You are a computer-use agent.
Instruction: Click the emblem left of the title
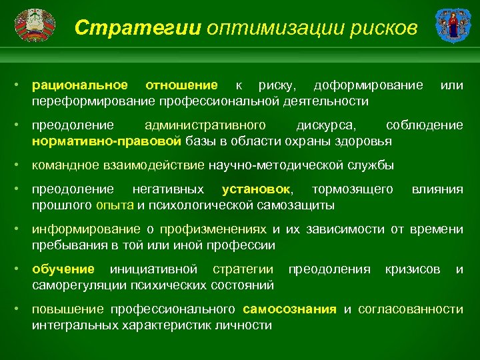point(31,27)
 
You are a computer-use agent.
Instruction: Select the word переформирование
point(93,101)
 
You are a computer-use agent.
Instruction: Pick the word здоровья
point(365,141)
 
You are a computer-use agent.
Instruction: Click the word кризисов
point(413,269)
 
